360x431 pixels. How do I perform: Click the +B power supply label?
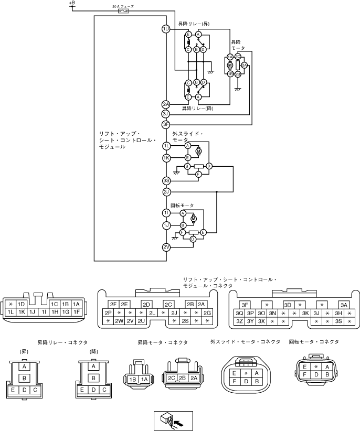[72, 3]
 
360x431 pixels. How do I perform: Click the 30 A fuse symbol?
[124, 10]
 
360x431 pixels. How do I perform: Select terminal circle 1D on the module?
[166, 29]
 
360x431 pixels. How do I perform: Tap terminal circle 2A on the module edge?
[166, 104]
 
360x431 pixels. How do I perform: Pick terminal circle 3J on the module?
[166, 114]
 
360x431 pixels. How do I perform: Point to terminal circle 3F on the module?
[166, 124]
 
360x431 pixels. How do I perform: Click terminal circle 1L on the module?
[166, 146]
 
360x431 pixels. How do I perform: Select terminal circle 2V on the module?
[166, 247]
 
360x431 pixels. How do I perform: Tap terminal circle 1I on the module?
[166, 213]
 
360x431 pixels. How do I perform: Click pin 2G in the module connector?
[207, 313]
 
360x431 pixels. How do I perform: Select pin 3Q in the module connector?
[239, 313]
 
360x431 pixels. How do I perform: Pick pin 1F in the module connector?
[76, 312]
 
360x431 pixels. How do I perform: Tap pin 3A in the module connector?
[343, 305]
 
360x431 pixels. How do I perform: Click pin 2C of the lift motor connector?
[171, 378]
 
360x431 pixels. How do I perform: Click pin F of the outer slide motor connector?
[234, 382]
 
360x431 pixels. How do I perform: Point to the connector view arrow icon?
[173, 419]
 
